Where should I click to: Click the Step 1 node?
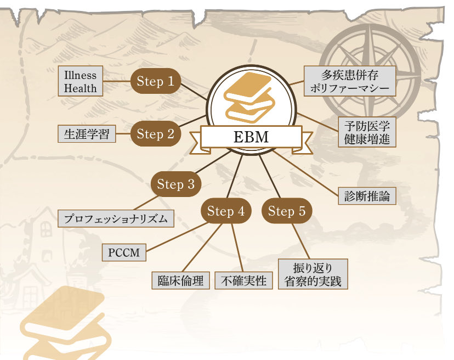156,81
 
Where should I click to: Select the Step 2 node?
156,133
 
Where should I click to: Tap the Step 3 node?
176,184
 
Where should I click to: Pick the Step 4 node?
226,211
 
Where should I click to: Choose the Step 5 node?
287,211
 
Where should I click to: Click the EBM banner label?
251,137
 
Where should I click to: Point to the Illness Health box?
81,81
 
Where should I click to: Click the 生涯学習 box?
87,133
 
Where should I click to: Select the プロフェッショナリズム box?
116,218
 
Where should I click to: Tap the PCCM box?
124,252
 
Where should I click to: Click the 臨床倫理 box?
181,280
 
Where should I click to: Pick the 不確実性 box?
243,280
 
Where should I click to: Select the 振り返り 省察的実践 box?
313,274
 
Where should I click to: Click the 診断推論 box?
367,196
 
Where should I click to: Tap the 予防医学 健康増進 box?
367,132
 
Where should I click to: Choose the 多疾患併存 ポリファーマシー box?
350,81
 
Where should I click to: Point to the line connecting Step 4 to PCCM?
177,237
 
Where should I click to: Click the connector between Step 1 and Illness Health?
117,81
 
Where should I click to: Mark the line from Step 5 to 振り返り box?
301,241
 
